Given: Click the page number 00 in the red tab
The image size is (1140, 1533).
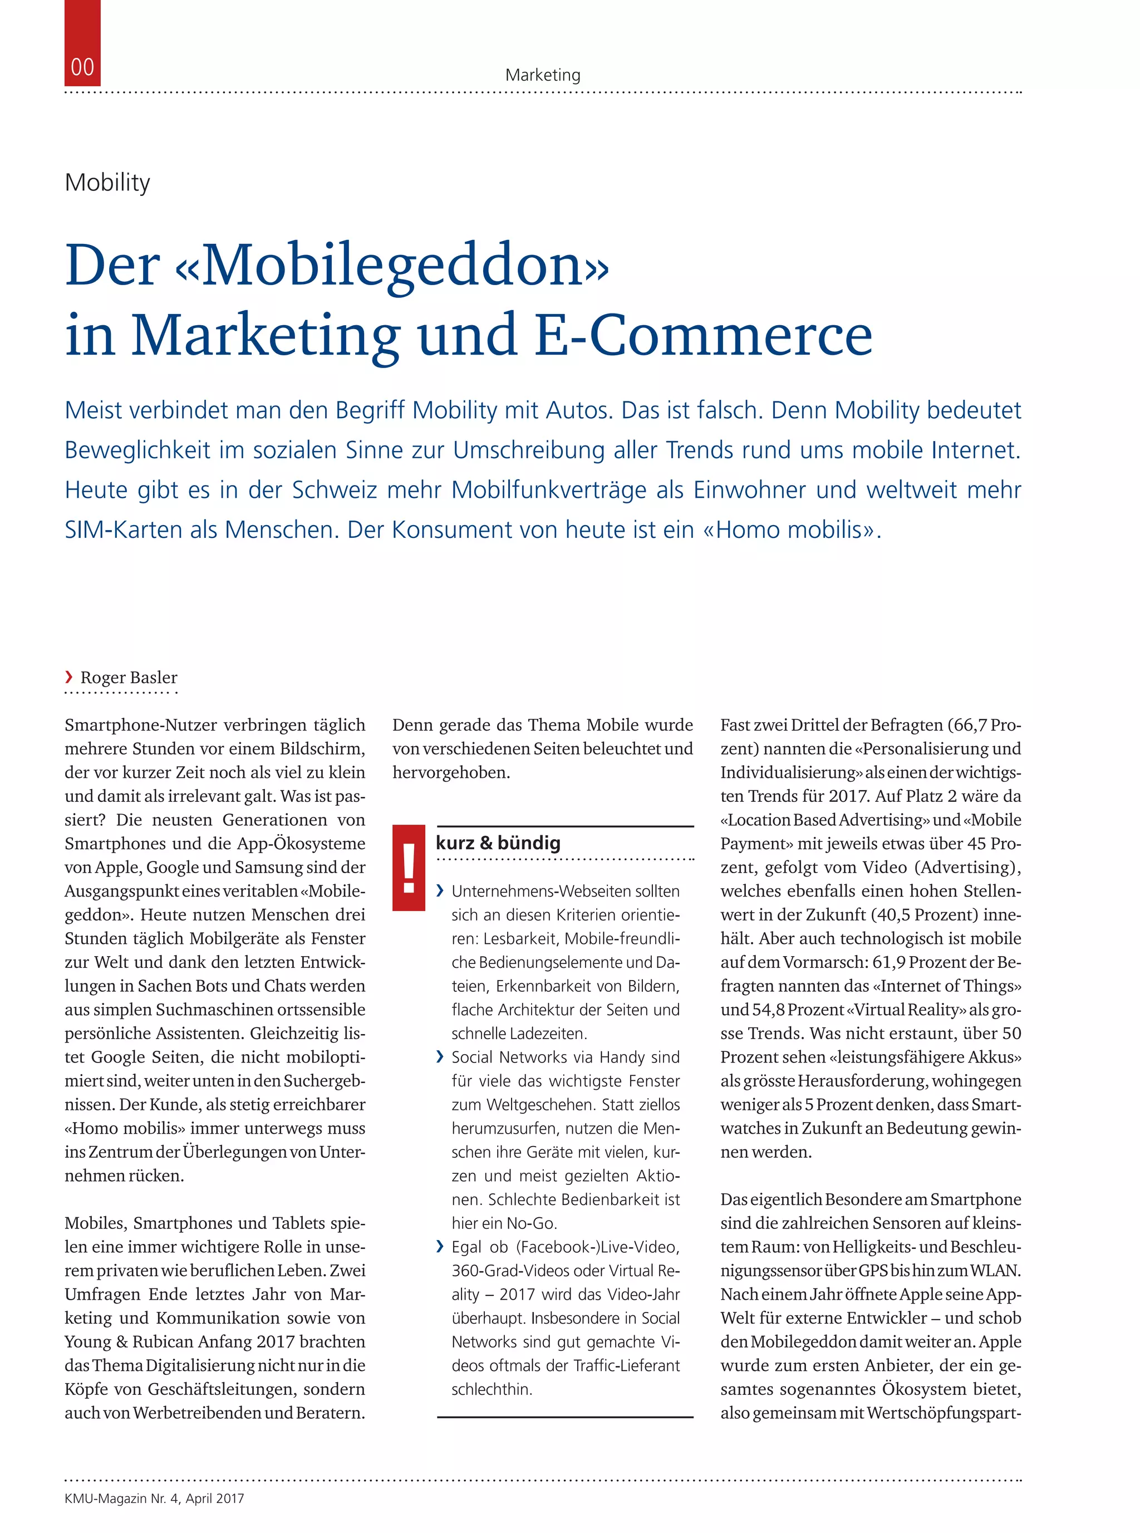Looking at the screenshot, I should (82, 67).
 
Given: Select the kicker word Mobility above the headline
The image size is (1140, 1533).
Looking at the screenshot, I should (107, 182).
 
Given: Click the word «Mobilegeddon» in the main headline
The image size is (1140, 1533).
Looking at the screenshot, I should (394, 265).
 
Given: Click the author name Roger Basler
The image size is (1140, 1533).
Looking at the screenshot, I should (129, 677).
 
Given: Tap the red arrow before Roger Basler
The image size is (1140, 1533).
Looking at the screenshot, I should (68, 677).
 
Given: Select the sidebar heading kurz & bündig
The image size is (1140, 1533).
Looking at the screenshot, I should (498, 843).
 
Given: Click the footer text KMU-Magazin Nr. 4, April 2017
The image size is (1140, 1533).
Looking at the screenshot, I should (154, 1498).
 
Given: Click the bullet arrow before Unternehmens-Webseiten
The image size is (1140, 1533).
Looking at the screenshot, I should (441, 891).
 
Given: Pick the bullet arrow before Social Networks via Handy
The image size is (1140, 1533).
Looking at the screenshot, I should (441, 1057).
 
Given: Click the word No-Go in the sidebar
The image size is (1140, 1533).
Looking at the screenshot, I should (532, 1223).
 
